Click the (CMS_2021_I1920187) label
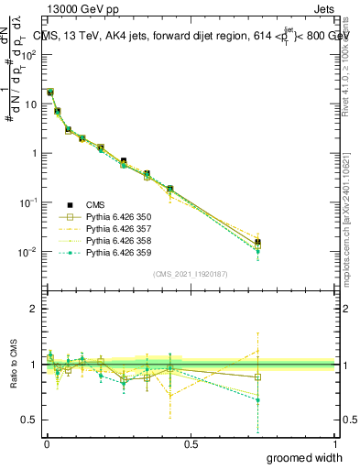coord(190,274)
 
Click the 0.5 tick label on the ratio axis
coord(29,420)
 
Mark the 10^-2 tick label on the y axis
coord(27,252)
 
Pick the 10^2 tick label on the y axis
coord(28,54)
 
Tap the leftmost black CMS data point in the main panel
coord(50,93)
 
